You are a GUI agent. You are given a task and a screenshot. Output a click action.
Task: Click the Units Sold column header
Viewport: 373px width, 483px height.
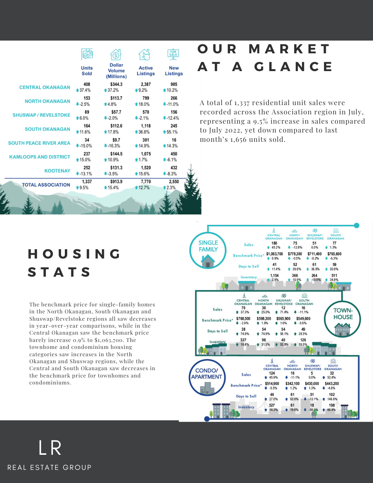pos(87,71)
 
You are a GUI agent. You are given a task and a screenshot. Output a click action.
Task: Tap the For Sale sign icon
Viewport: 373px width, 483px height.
pos(173,54)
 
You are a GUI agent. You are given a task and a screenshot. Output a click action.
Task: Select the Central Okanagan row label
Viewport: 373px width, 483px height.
pos(45,87)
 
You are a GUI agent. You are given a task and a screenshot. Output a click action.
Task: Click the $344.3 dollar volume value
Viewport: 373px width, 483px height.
pos(116,84)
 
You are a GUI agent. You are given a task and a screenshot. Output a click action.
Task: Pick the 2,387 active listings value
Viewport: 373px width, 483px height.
pos(146,84)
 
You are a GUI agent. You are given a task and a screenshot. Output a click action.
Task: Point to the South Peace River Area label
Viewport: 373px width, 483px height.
pos(39,143)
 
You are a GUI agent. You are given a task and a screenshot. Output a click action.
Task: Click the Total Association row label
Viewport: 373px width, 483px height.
pos(46,185)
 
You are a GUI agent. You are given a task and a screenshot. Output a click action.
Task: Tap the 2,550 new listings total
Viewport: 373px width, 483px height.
pos(174,182)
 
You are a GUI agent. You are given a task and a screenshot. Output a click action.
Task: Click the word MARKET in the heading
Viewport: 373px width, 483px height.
pos(290,49)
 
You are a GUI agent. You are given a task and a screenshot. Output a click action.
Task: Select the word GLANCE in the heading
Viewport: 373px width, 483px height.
pos(293,67)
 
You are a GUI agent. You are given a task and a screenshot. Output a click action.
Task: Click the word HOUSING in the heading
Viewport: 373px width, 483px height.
pos(75,254)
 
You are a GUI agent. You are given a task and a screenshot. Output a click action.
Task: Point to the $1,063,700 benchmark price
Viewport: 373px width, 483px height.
pos(275,254)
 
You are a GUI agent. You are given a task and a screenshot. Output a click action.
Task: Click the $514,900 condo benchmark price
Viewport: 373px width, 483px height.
pos(272,384)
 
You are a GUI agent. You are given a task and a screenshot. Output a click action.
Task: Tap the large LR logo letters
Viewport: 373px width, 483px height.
pos(50,448)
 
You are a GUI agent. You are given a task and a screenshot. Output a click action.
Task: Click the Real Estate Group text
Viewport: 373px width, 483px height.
pos(49,468)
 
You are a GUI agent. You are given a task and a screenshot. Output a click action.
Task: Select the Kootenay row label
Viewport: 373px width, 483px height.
pos(57,171)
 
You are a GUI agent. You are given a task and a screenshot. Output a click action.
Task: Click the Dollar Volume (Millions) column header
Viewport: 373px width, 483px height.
pos(116,71)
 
